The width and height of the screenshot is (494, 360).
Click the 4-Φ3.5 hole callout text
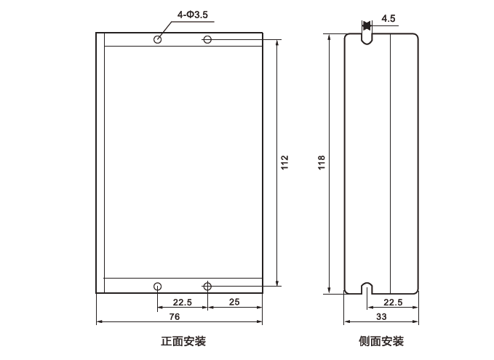[x=187, y=13]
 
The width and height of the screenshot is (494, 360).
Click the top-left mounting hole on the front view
[x=157, y=39]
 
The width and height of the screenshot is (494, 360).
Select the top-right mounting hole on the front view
[x=207, y=39]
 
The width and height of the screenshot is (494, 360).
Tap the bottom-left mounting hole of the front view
[x=157, y=286]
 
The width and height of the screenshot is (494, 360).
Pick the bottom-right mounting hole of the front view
[x=207, y=286]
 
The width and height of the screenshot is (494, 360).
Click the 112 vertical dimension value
[x=284, y=162]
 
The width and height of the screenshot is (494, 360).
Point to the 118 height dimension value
[x=322, y=162]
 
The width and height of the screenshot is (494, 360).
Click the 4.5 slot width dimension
[x=388, y=19]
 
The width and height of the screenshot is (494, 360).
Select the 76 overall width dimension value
[x=175, y=317]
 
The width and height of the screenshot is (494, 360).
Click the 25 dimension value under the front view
[x=234, y=302]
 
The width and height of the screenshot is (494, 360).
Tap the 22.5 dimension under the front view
[x=182, y=302]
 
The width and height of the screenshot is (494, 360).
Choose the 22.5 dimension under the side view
[x=393, y=302]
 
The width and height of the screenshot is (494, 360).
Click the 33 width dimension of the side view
[x=381, y=317]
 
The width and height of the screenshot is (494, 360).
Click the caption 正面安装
[x=178, y=341]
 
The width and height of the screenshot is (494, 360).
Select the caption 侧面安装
[x=381, y=341]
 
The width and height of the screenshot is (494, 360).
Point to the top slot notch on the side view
[x=366, y=38]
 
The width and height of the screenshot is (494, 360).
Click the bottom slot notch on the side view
[x=366, y=287]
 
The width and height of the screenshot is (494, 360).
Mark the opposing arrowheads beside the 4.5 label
[x=366, y=26]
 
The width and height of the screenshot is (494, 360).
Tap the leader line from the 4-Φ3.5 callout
[x=164, y=26]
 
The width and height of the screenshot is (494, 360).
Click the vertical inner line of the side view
[x=391, y=162]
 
